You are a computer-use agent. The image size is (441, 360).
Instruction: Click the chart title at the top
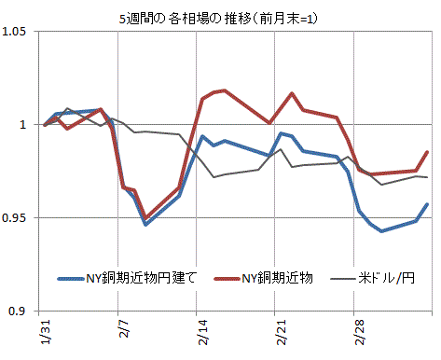click(218, 19)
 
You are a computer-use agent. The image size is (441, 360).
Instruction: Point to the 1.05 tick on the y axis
click(14, 32)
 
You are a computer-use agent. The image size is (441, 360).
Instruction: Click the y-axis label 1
click(22, 125)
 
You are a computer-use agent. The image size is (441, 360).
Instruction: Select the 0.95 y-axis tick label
click(14, 217)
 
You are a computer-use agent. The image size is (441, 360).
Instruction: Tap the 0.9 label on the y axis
click(17, 311)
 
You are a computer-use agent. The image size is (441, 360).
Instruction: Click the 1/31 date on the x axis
click(45, 332)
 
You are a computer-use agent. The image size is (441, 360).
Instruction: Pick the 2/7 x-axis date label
click(124, 328)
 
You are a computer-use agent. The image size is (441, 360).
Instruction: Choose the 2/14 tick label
click(202, 332)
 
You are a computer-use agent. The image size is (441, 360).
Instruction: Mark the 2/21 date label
click(281, 332)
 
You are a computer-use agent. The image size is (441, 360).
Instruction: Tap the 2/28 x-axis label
click(360, 332)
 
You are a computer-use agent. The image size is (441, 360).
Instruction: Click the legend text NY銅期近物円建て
click(142, 278)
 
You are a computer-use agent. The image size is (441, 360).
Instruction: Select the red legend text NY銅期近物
click(277, 278)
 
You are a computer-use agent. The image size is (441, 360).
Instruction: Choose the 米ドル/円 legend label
click(386, 278)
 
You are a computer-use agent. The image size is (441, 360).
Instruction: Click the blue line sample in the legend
click(71, 279)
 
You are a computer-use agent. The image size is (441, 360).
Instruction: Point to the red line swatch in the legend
click(227, 279)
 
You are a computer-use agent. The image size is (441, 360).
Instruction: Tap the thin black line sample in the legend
click(343, 279)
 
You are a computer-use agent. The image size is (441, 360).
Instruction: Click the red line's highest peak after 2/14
click(225, 90)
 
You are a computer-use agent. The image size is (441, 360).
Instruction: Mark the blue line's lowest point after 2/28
click(381, 231)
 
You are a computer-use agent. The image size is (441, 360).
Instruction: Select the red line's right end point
click(427, 152)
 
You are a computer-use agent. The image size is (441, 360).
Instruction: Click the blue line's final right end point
click(427, 204)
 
